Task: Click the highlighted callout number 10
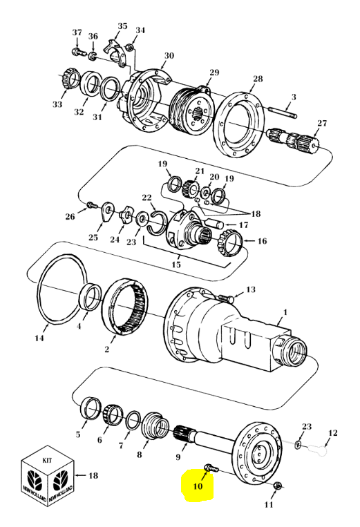coord(198,486)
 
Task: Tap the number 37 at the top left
coord(77,32)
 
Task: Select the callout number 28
coord(258,79)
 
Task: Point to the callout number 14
coord(39,338)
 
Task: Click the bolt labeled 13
coord(225,298)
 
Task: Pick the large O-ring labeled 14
coord(62,289)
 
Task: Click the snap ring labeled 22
coord(157,222)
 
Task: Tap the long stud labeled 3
coord(283,112)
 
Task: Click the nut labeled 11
coord(278,486)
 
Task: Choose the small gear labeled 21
coord(189,189)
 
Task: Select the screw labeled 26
coord(91,204)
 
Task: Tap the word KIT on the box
coord(47,460)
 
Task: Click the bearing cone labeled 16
coord(230,241)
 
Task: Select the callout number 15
coord(176,265)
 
